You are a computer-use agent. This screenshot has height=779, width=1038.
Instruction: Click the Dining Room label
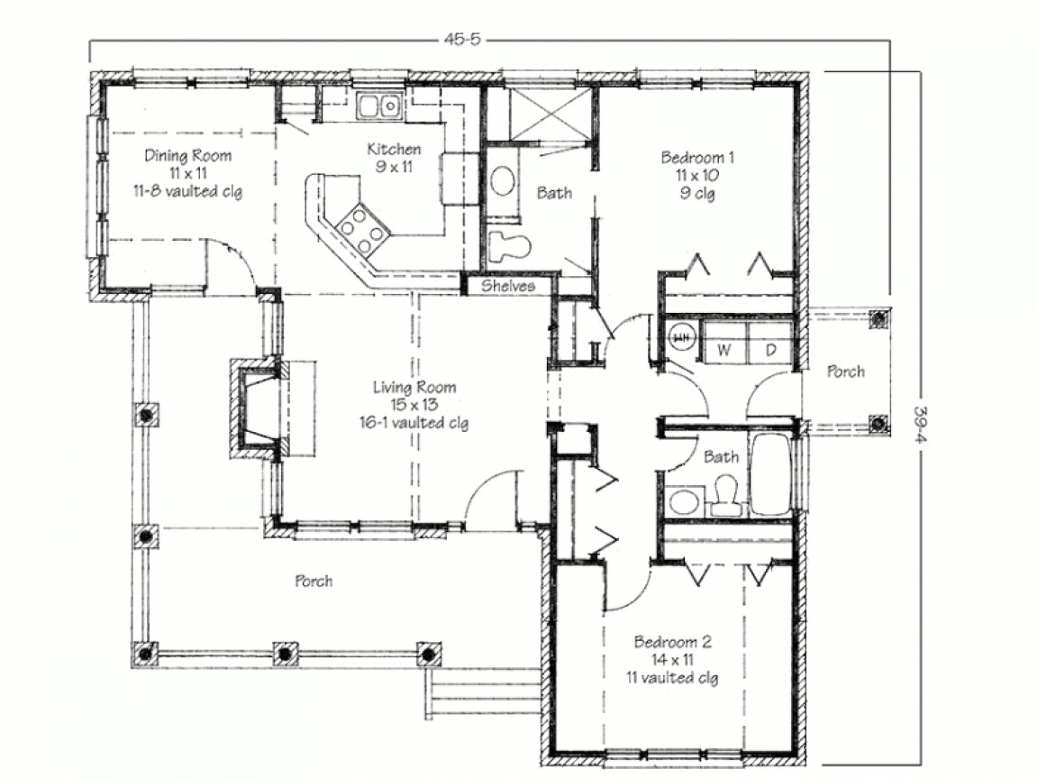pos(187,156)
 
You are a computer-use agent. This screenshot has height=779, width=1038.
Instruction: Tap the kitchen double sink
pos(378,106)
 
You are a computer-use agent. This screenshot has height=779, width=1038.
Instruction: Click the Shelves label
pos(507,286)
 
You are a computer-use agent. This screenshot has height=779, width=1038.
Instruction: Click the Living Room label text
pos(414,388)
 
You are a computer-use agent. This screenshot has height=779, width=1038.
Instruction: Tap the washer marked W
pos(724,349)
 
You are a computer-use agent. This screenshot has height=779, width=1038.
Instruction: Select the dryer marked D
pos(770,349)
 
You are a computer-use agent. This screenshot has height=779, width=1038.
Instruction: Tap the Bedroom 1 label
pos(697,158)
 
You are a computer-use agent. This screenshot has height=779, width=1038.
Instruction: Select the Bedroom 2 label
pos(673,643)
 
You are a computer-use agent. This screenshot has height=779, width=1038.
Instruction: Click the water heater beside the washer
pos(681,337)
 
